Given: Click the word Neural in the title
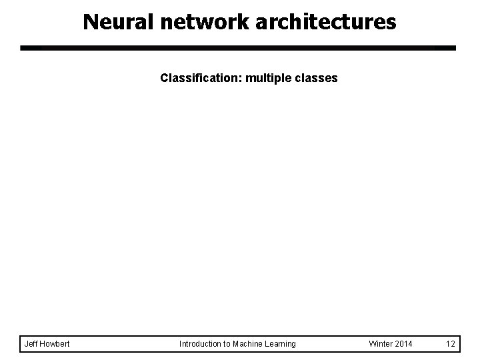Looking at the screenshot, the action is tap(118, 22).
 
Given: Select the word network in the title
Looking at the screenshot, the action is tap(205, 22).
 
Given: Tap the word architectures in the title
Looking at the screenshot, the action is tap(326, 22).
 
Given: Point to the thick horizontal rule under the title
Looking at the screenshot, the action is tap(238, 48).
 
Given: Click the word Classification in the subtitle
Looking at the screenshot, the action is tap(199, 78).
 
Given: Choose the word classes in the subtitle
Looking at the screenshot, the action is tap(316, 78).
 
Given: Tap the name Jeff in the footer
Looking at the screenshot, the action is tap(31, 343).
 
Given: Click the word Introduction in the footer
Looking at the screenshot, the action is tap(199, 344).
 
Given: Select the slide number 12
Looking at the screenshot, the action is tap(451, 344).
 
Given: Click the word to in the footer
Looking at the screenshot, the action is tap(225, 344).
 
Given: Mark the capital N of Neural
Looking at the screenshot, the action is tap(91, 22).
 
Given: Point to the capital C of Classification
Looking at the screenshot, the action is tap(165, 78).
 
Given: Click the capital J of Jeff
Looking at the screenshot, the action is tap(26, 344).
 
